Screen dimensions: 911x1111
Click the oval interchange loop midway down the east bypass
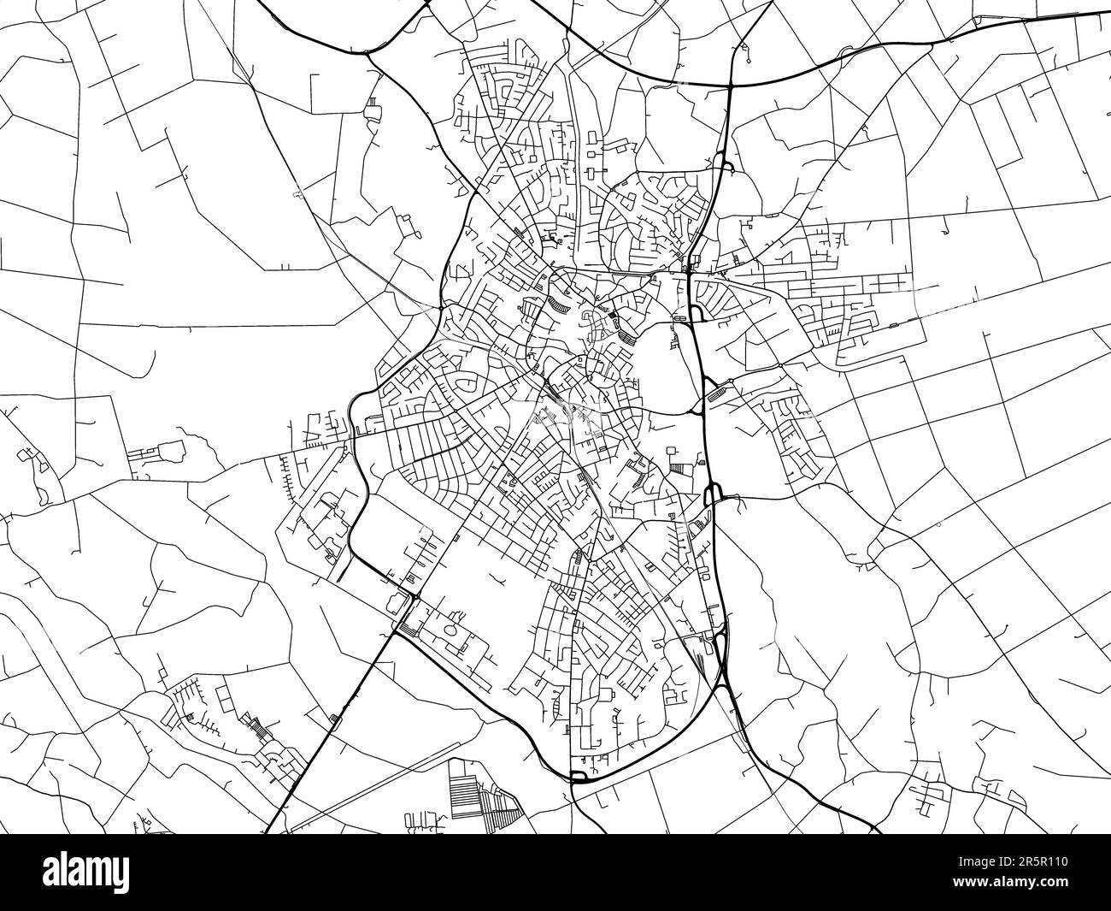pyautogui.click(x=714, y=494)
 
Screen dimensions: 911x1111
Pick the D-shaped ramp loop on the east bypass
pyautogui.click(x=697, y=313)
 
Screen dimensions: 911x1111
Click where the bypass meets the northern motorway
pyautogui.click(x=732, y=85)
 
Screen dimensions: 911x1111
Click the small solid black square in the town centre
pyautogui.click(x=612, y=322)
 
